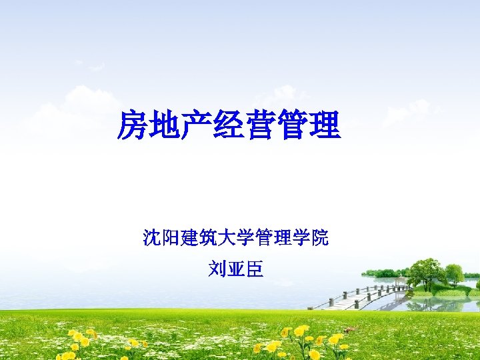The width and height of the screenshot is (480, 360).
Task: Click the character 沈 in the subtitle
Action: tap(151, 237)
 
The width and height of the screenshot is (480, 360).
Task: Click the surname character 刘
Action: tap(216, 269)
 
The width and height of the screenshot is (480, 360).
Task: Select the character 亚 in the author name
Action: tap(235, 269)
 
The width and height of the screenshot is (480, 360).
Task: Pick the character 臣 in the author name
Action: tap(255, 269)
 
